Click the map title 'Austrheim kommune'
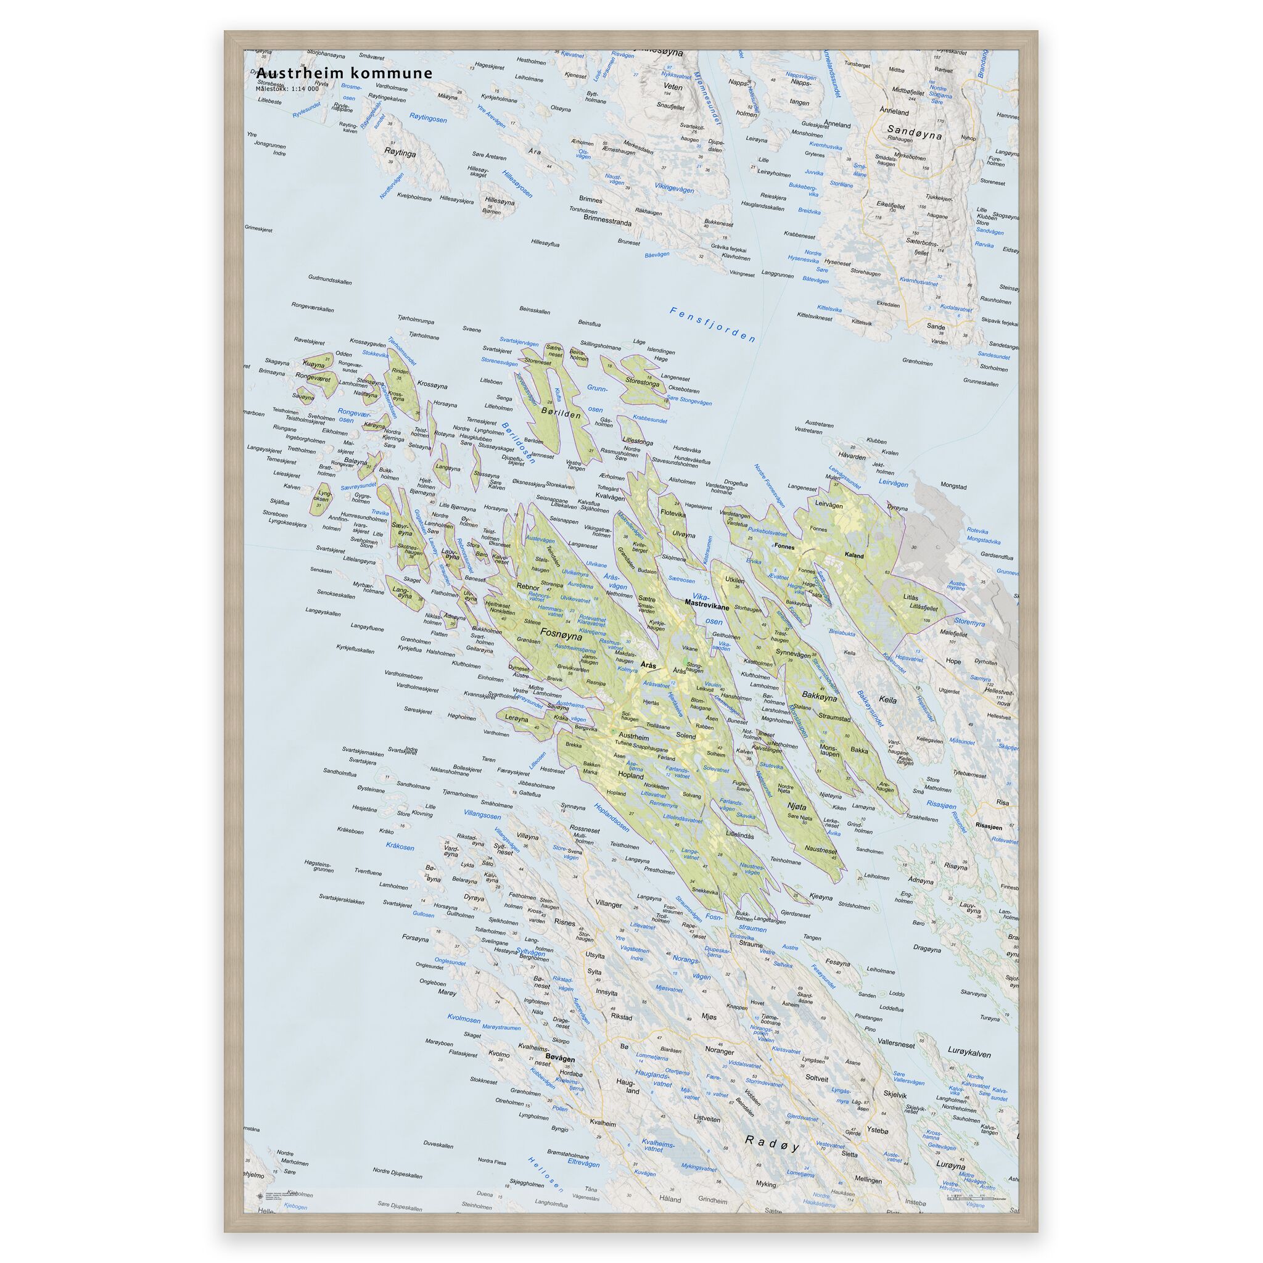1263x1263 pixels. [344, 73]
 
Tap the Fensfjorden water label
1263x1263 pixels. [712, 324]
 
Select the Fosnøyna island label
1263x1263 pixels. [562, 632]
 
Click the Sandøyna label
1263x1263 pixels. [915, 131]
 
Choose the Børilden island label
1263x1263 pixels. [561, 413]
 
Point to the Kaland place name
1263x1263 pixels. [854, 556]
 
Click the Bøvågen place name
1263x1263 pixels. [559, 1057]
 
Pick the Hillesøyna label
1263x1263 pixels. [499, 202]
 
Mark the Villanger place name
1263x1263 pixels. [609, 904]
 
